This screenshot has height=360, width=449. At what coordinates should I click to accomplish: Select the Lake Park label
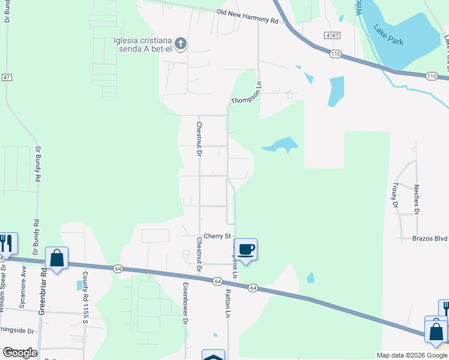coord(388,35)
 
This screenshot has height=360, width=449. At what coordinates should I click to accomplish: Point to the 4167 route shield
coord(331,36)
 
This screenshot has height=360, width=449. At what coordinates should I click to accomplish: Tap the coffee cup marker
coord(246,249)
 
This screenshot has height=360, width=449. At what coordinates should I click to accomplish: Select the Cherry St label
coord(217,236)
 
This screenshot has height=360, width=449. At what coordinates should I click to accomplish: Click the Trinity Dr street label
coord(395,196)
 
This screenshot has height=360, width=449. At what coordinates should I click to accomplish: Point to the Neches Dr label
coord(416,198)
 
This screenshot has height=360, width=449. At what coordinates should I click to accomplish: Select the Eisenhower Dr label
coord(185,302)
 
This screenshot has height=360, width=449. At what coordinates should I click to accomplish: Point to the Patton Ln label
coord(228,304)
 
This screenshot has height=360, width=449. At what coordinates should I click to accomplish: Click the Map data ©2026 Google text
coord(411,355)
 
